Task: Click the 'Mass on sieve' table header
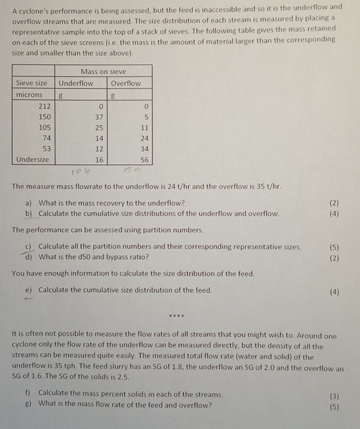[x=103, y=71]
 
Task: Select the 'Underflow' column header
[x=76, y=83]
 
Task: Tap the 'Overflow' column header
[x=126, y=83]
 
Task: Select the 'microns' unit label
[x=29, y=94]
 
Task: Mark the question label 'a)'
[x=29, y=203]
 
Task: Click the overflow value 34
[x=143, y=148]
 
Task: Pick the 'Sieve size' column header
[x=32, y=83]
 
